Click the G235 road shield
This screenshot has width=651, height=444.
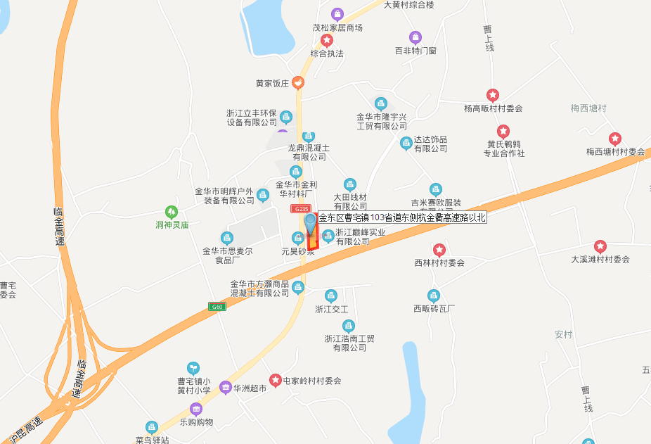click(x=301, y=209)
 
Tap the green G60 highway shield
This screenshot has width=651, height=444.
click(x=217, y=306)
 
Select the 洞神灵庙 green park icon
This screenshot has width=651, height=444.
click(x=171, y=211)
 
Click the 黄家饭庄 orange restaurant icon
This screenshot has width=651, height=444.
click(x=299, y=83)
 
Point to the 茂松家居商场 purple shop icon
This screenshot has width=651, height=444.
click(x=337, y=14)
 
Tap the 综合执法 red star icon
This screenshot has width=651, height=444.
click(x=327, y=40)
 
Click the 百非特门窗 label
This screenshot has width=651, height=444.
click(x=415, y=51)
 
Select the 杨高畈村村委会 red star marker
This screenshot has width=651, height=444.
click(x=493, y=95)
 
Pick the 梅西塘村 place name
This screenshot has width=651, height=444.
click(x=588, y=108)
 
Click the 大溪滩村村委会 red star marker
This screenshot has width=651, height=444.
click(x=600, y=246)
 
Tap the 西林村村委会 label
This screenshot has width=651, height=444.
click(x=439, y=262)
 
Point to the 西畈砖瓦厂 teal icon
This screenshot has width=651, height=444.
click(x=434, y=295)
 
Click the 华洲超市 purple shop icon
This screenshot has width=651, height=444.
click(x=225, y=387)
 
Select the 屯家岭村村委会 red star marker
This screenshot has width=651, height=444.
click(x=276, y=380)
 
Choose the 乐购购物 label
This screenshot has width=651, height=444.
click(x=196, y=422)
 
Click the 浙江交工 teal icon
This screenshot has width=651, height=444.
click(x=331, y=296)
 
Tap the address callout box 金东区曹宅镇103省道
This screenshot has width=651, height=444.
click(x=402, y=217)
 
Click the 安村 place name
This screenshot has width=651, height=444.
click(x=564, y=334)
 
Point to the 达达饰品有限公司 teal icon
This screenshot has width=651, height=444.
click(x=406, y=144)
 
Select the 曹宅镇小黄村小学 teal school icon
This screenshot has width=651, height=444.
click(x=193, y=368)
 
